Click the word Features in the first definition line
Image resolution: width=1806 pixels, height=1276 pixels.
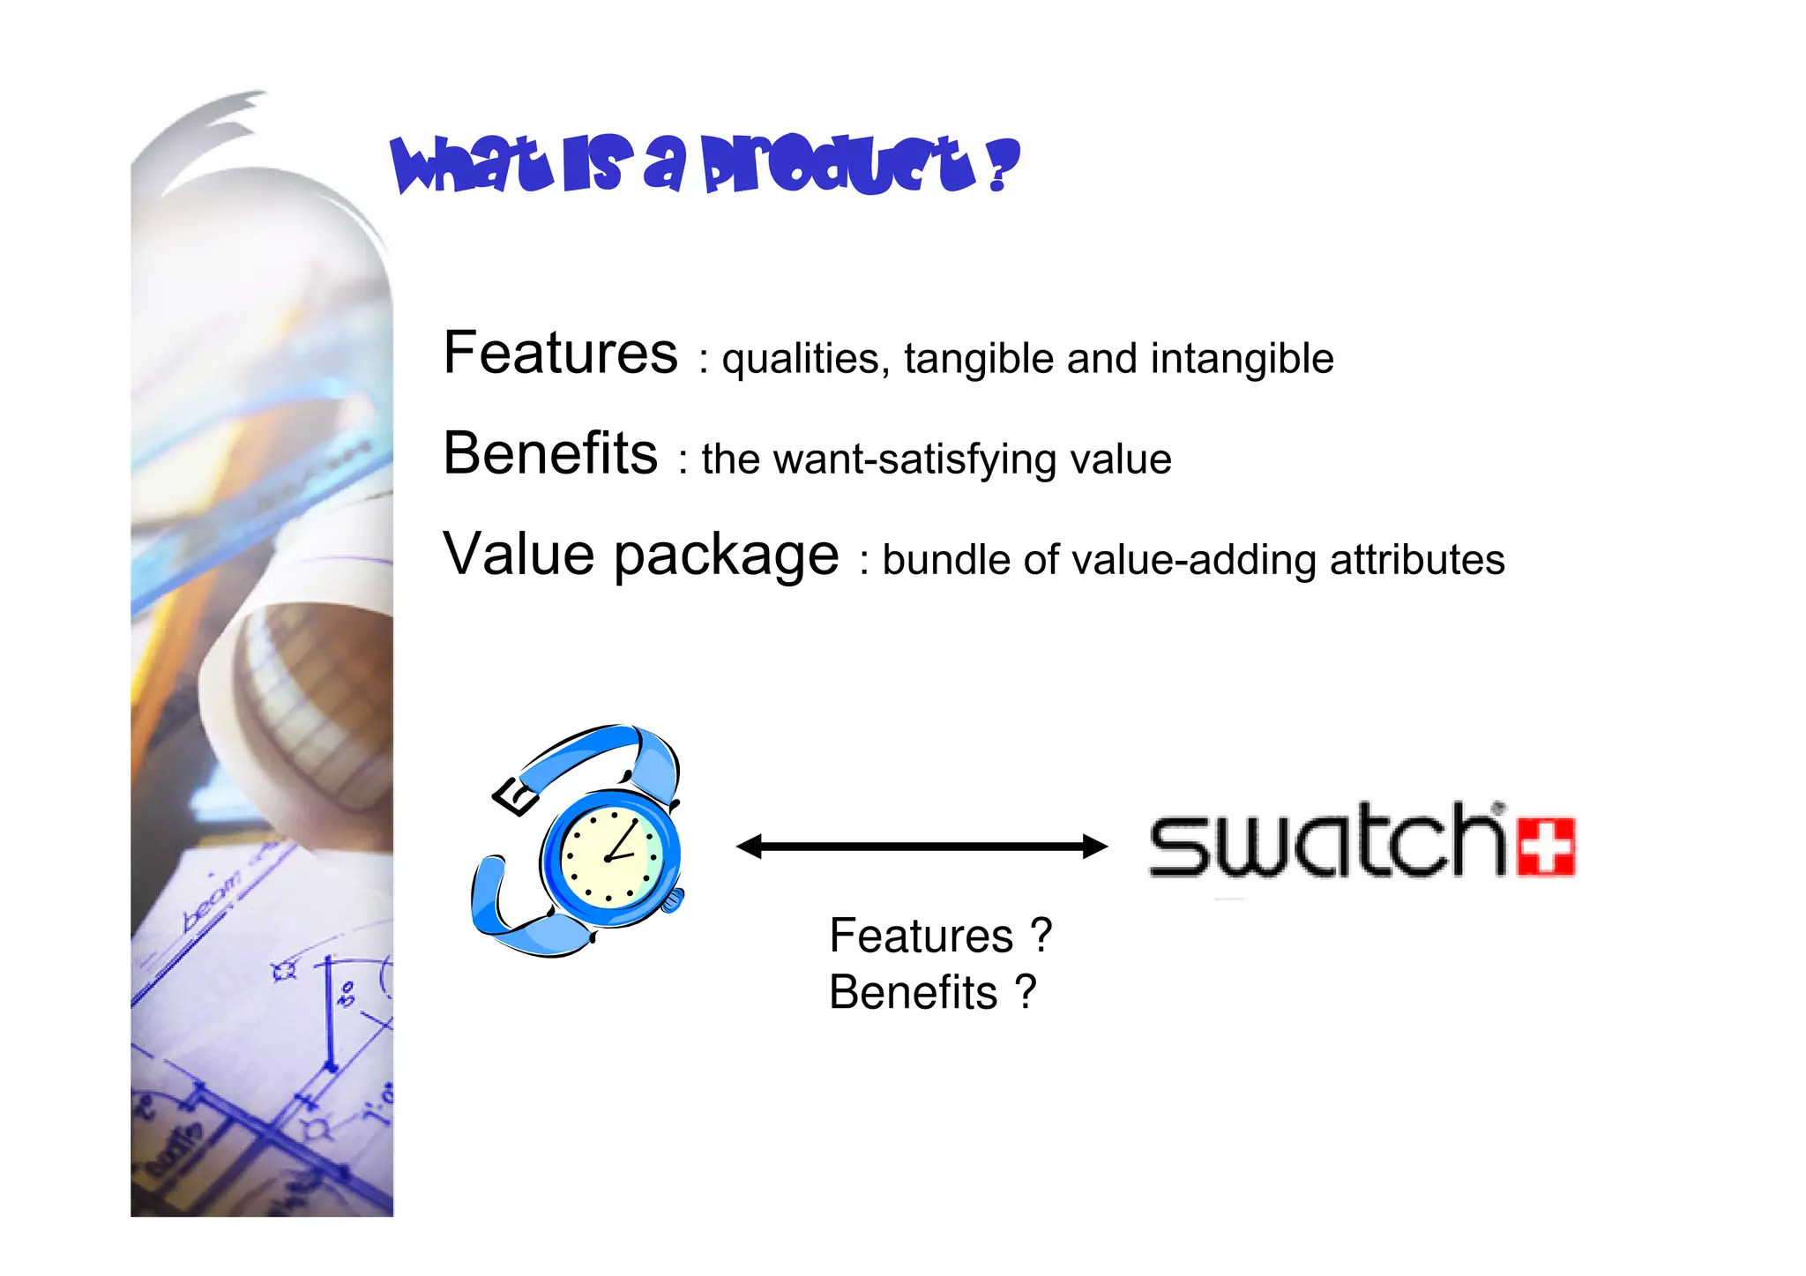(560, 353)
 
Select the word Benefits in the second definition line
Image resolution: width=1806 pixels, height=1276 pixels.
(550, 453)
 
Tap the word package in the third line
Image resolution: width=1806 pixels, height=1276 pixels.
(726, 556)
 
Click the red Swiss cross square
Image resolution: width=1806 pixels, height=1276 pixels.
(1546, 847)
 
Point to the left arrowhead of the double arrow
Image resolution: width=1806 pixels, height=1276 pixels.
(749, 847)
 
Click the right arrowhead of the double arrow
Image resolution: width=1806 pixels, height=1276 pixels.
(1095, 847)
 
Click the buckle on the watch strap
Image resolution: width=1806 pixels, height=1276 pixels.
(515, 796)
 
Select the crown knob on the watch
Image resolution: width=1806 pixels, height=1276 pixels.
(673, 900)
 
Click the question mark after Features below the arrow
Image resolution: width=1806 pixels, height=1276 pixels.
(1041, 935)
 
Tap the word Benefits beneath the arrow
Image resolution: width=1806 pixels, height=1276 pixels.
(914, 992)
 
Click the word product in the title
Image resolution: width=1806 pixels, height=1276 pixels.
(838, 165)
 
